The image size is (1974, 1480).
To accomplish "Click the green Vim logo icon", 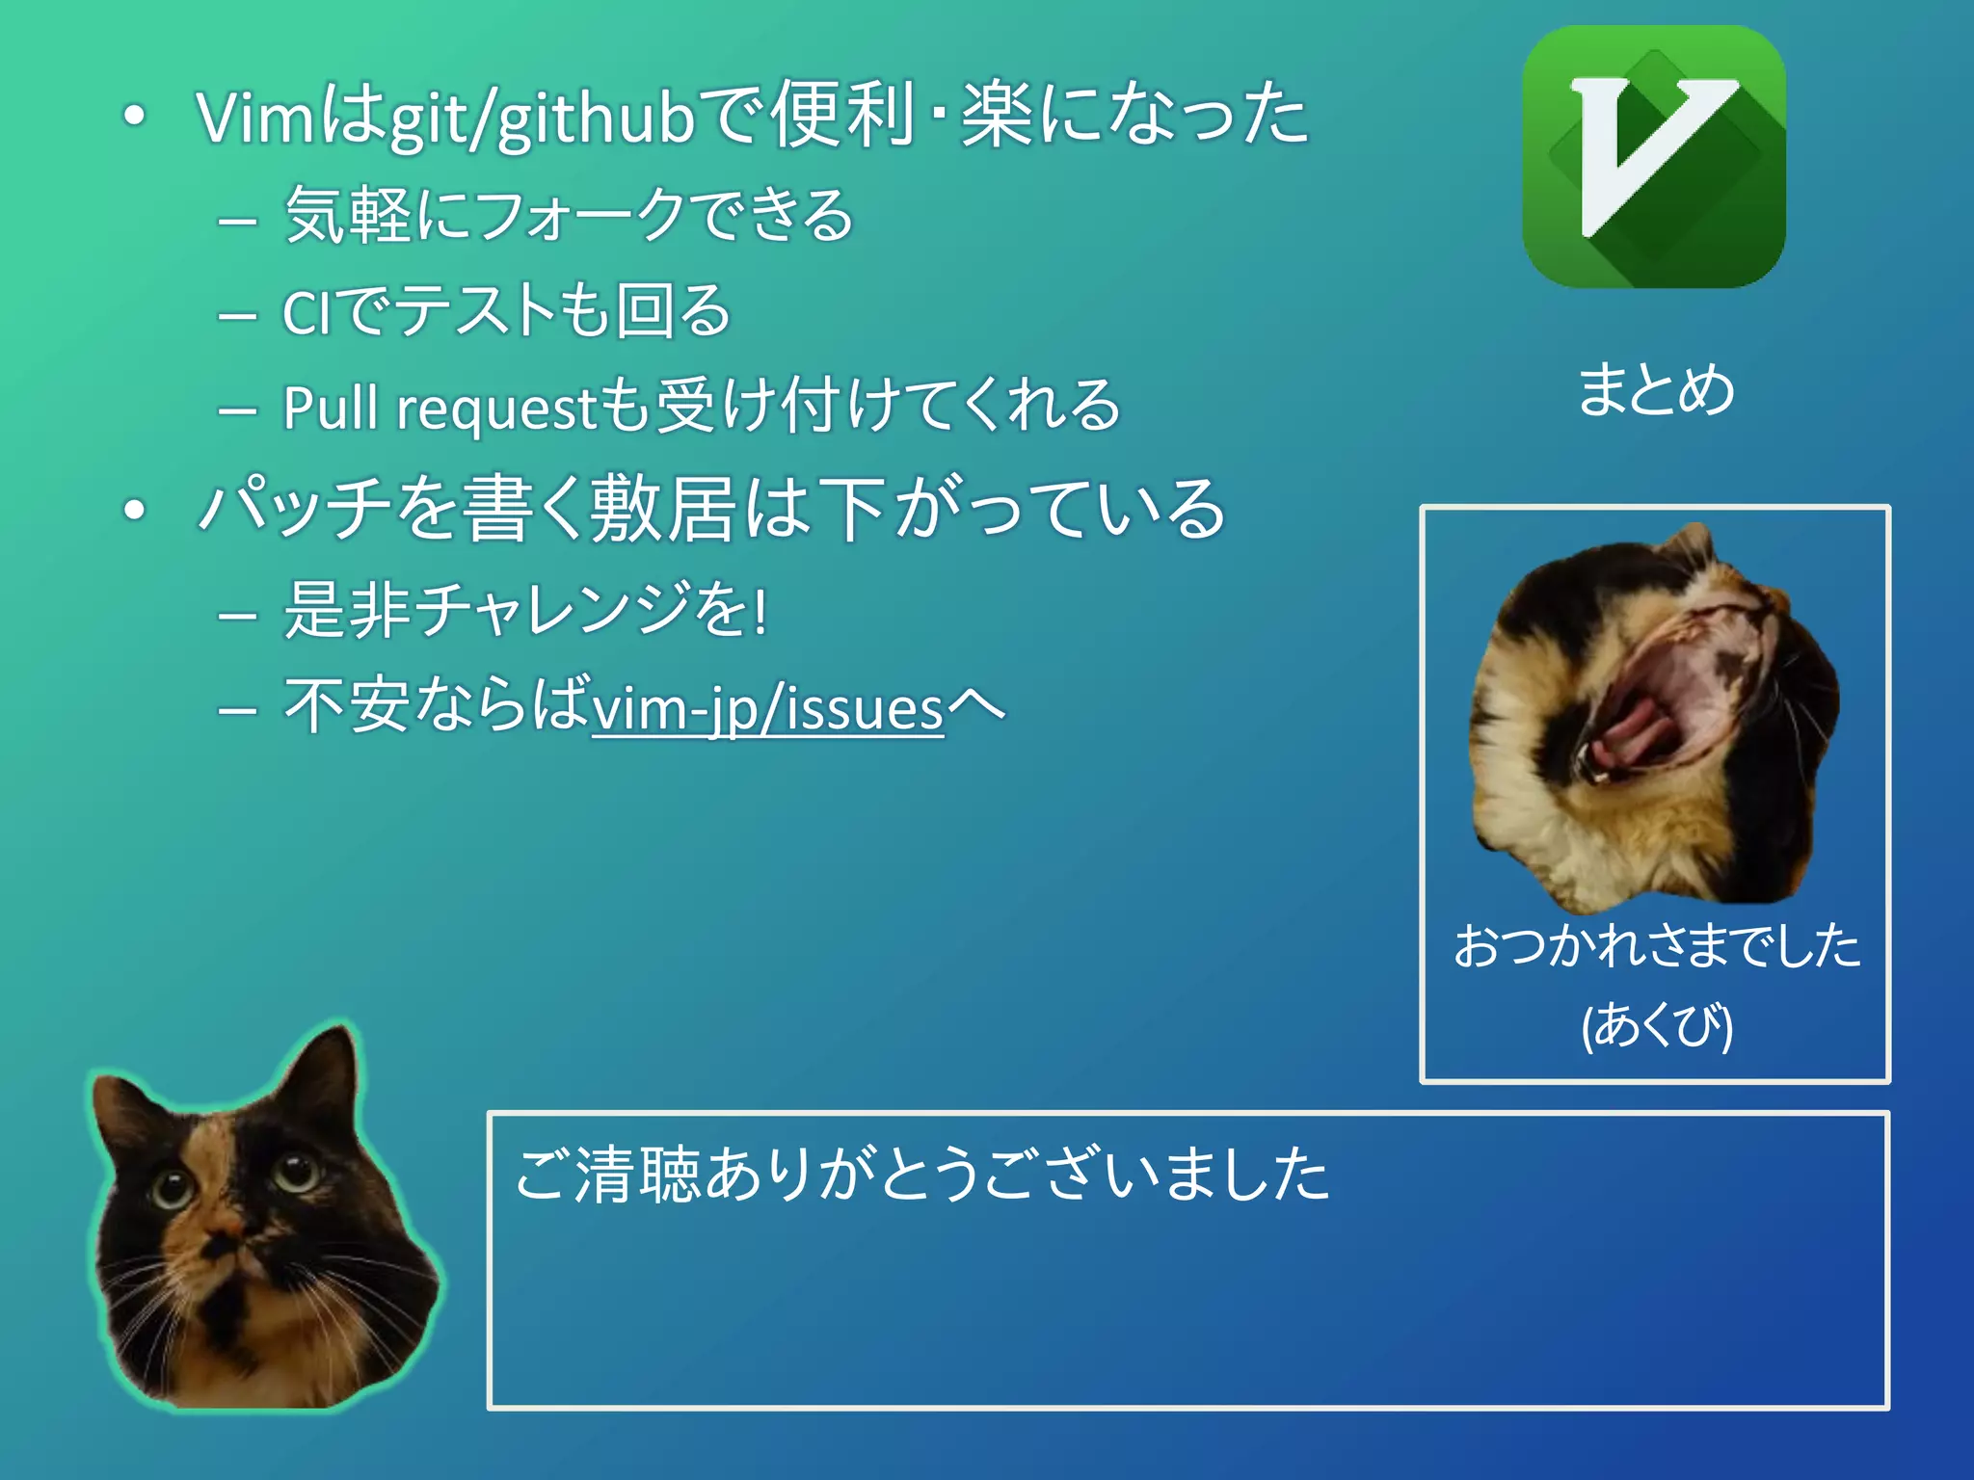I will point(1653,157).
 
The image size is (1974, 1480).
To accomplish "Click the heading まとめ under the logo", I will point(1655,389).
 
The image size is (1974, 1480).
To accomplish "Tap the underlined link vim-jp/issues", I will point(767,708).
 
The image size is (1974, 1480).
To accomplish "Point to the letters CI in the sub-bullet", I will point(307,313).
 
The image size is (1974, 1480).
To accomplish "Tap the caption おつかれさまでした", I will point(1656,945).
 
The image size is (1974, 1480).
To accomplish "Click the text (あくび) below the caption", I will point(1656,1024).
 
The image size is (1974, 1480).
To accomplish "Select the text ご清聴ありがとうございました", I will point(921,1175).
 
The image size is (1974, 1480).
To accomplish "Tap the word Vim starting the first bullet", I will point(255,119).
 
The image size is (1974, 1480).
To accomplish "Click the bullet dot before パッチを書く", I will point(135,510).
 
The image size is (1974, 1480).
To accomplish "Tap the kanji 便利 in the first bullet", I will point(841,116).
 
